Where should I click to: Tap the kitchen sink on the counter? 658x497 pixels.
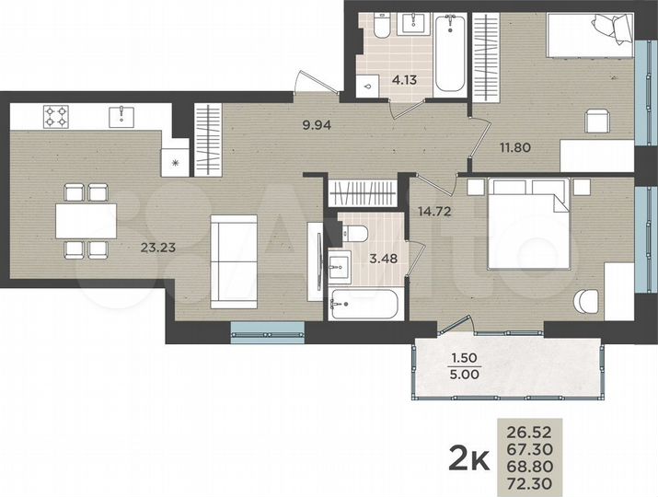121,116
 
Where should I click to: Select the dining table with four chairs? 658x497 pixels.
86,221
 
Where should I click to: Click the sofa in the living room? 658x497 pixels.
233,260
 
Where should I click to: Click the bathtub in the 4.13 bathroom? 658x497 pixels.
449,52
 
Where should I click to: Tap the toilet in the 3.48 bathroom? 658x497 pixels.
358,232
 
